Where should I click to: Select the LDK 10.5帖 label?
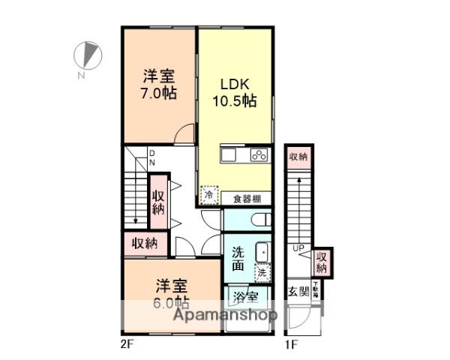click(x=238, y=91)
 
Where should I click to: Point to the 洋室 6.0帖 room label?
click(x=172, y=294)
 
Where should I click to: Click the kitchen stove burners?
click(x=259, y=156)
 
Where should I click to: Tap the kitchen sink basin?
click(x=228, y=156)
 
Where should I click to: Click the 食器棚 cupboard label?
click(x=247, y=199)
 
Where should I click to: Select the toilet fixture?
click(x=257, y=220)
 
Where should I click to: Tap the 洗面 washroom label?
click(x=238, y=258)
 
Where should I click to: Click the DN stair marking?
click(x=151, y=157)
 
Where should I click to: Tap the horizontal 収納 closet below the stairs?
click(x=145, y=243)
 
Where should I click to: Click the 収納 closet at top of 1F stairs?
click(x=298, y=157)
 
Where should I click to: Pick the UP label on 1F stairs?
click(x=298, y=247)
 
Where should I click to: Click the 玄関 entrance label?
click(x=298, y=292)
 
